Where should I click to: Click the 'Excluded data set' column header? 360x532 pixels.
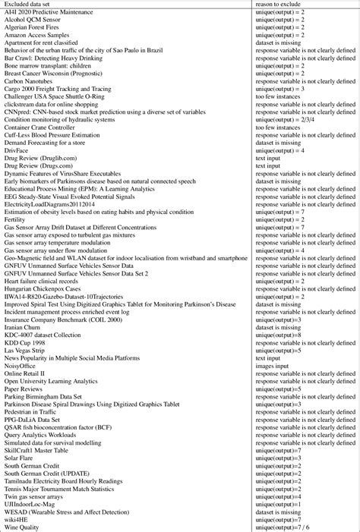click(30, 5)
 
